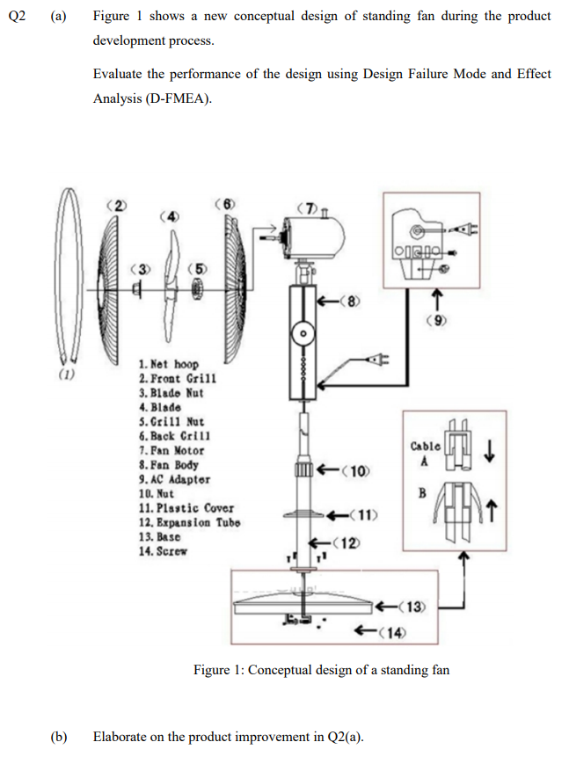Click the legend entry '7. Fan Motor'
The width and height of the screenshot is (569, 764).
(173, 450)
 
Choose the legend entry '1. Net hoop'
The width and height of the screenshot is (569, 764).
(169, 364)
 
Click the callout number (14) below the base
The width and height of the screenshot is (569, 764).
(387, 629)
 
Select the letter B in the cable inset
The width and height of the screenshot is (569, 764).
(423, 493)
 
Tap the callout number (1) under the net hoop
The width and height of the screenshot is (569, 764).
(66, 376)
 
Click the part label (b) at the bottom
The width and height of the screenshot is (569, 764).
(60, 736)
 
